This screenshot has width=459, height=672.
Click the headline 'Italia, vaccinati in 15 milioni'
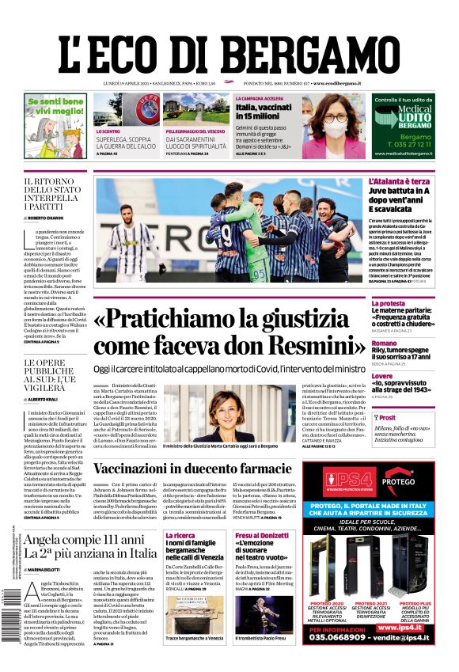pyautogui.click(x=264, y=111)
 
